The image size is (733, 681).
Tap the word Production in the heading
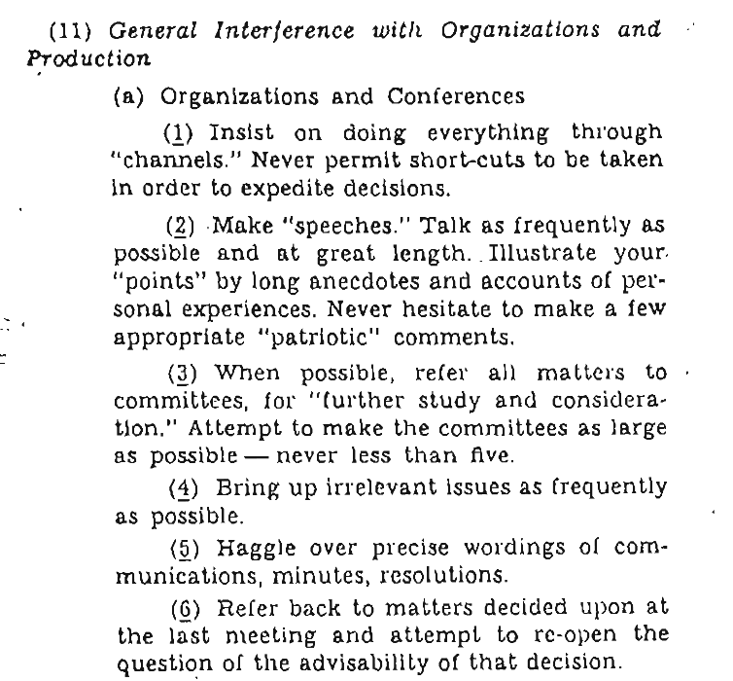click(x=88, y=58)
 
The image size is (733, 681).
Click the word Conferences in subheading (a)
click(x=457, y=96)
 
